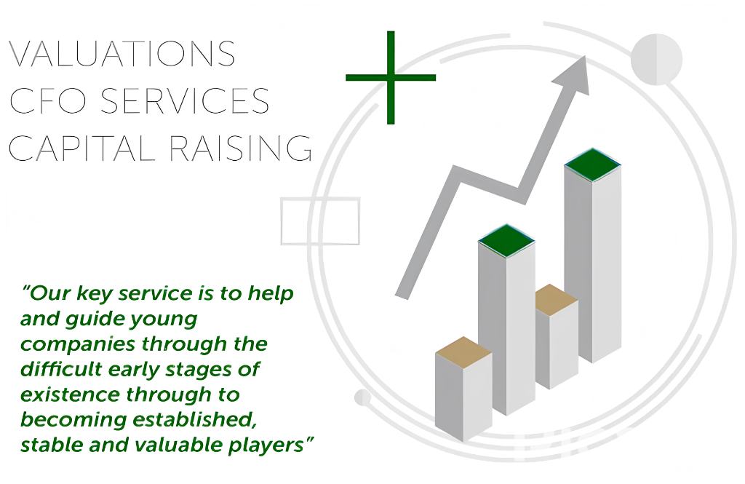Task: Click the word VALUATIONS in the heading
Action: (122, 53)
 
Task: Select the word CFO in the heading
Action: (48, 100)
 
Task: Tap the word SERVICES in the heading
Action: (185, 100)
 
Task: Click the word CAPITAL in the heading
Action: (81, 148)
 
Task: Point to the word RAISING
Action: (241, 148)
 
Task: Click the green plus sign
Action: (391, 77)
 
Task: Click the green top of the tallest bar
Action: (592, 165)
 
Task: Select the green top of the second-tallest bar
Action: (506, 241)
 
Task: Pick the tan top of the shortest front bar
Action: (463, 352)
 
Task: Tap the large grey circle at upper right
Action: (657, 60)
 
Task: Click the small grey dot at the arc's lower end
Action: (362, 397)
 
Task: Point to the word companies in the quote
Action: (78, 345)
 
